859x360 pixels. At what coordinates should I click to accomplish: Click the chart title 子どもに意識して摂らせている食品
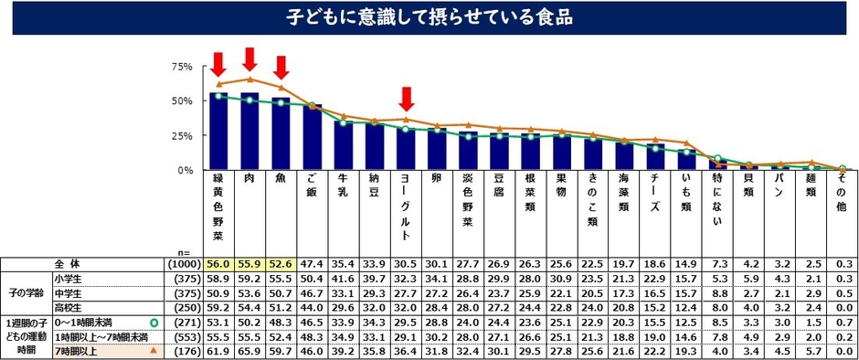(429, 17)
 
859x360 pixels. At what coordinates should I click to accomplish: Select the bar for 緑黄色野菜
(218, 132)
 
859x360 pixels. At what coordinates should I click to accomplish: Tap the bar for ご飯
(313, 138)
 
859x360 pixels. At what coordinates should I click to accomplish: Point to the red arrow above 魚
(281, 68)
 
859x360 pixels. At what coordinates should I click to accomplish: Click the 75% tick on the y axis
(180, 67)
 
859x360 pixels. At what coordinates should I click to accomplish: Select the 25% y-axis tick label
(180, 136)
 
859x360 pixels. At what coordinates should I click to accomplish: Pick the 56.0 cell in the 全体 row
(218, 264)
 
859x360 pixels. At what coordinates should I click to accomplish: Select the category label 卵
(438, 179)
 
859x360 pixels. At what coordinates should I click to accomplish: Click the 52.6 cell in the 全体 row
(281, 264)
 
